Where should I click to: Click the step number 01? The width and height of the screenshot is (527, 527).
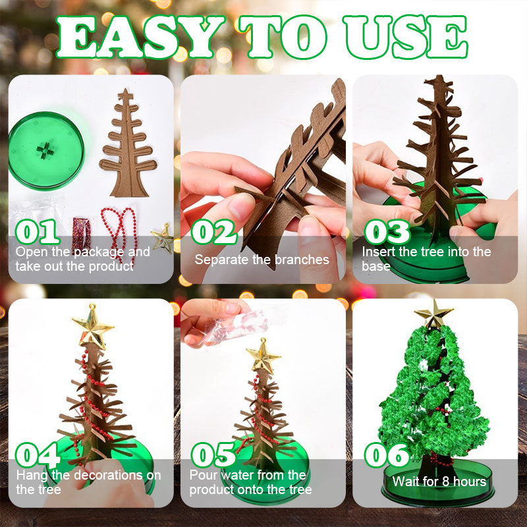tap(38, 231)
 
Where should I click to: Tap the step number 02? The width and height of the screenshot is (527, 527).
tap(214, 231)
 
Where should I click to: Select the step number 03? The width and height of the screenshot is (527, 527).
tap(387, 231)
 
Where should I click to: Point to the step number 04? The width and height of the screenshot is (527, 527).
tap(38, 455)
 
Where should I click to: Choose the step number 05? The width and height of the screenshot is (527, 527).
tap(214, 455)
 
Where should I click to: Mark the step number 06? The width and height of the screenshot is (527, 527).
tap(387, 455)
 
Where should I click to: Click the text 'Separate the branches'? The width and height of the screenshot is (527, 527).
tap(262, 260)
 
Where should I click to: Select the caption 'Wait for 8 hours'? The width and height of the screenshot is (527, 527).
tap(439, 482)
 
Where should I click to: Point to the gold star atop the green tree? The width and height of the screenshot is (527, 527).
tap(433, 314)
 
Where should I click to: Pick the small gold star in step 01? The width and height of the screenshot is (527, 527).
tap(162, 238)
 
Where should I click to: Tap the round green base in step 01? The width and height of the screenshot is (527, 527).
tap(46, 151)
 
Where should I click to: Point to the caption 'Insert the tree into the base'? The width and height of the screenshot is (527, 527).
tap(426, 259)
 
